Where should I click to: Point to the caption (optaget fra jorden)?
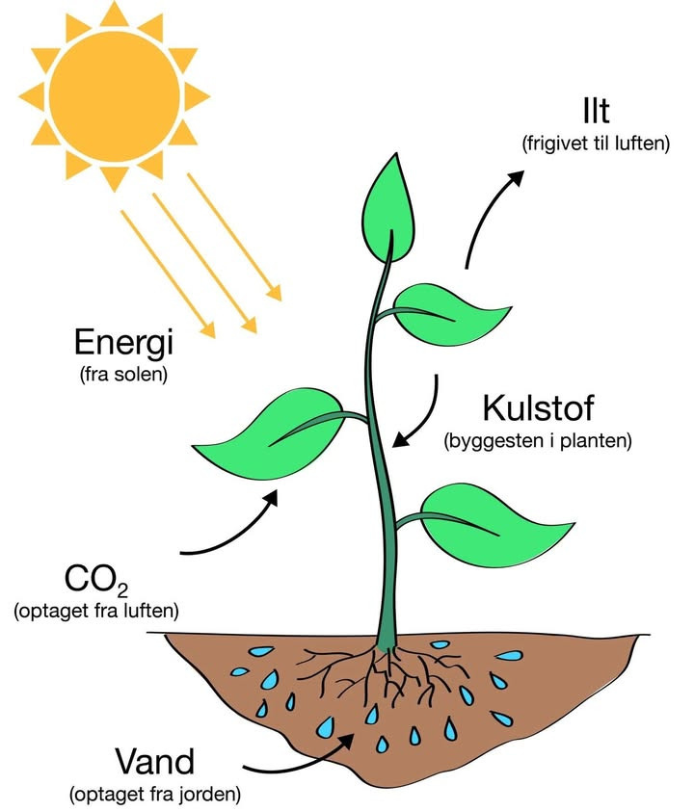point(154,796)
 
